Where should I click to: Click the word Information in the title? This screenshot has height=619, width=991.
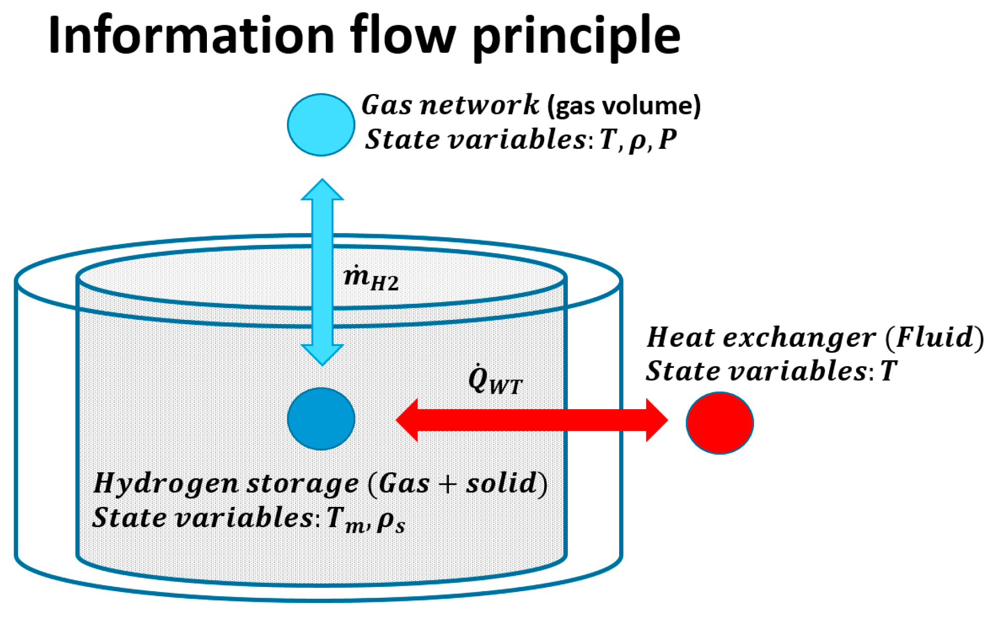191,35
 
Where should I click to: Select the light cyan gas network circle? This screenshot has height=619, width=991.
321,125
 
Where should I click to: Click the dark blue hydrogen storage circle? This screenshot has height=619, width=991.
321,419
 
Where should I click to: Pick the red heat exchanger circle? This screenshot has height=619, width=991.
719,423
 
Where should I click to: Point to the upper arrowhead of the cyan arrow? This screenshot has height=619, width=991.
322,190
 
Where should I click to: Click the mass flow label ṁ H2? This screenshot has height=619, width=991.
371,279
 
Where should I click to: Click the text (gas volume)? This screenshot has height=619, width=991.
624,106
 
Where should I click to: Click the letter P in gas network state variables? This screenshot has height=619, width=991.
668,139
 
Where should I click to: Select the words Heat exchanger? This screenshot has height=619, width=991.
761,338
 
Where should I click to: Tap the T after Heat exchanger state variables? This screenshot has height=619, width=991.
889,371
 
